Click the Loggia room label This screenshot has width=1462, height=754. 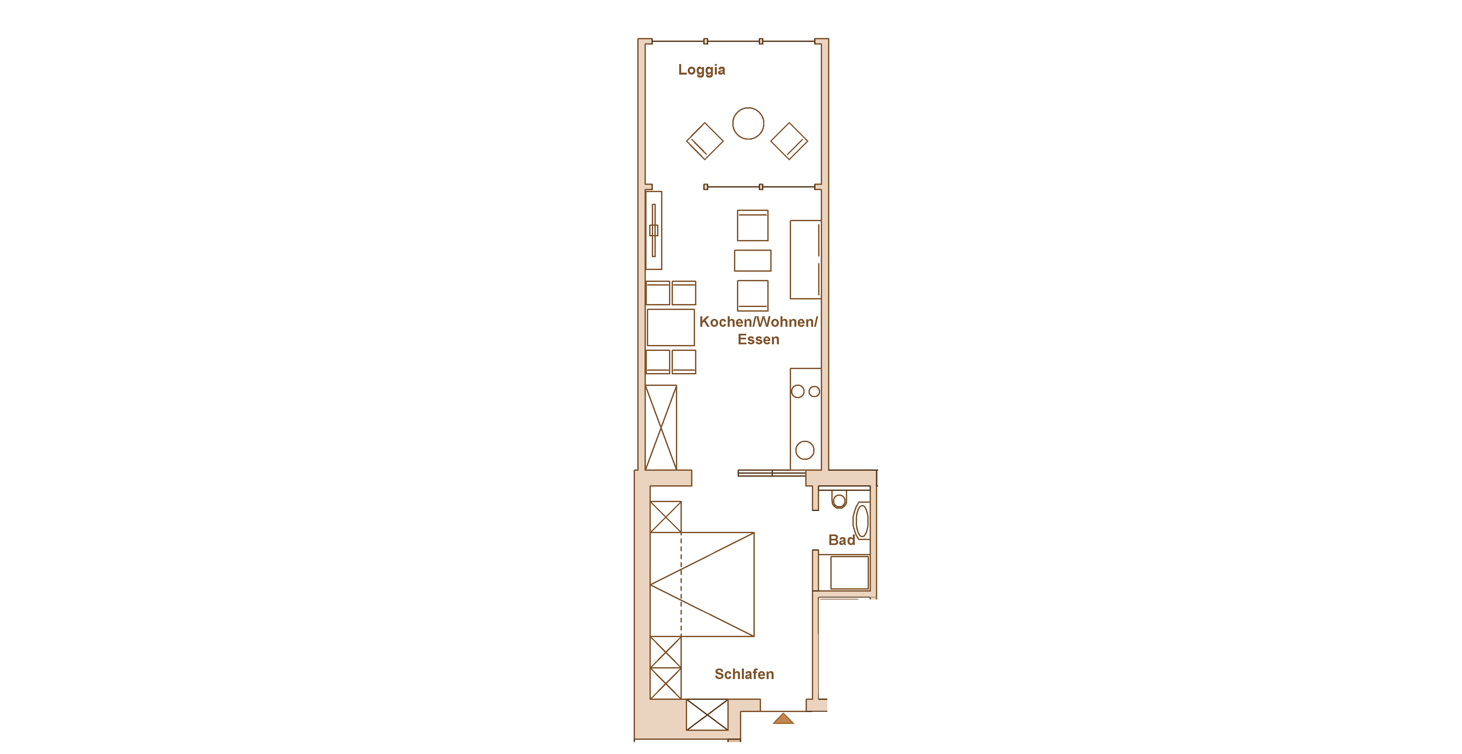coord(702,70)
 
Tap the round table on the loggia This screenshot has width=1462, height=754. coord(748,108)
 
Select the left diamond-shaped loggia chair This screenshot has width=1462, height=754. coord(705,141)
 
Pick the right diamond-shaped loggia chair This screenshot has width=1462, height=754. coord(789,141)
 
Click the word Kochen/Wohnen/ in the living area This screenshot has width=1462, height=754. coord(758,322)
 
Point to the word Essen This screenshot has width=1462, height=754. coord(758,339)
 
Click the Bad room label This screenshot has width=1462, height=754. coord(842,540)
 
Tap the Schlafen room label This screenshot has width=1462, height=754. coord(744,674)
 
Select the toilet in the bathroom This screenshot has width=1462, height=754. coord(839,499)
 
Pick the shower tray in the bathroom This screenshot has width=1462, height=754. coord(849,572)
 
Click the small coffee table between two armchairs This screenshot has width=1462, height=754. coord(752,260)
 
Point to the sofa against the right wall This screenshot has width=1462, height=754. coord(805,259)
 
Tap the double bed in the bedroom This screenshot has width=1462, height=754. coord(702,584)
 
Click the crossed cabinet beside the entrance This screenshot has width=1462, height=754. coord(707,715)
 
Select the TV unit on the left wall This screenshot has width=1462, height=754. coord(654,230)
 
